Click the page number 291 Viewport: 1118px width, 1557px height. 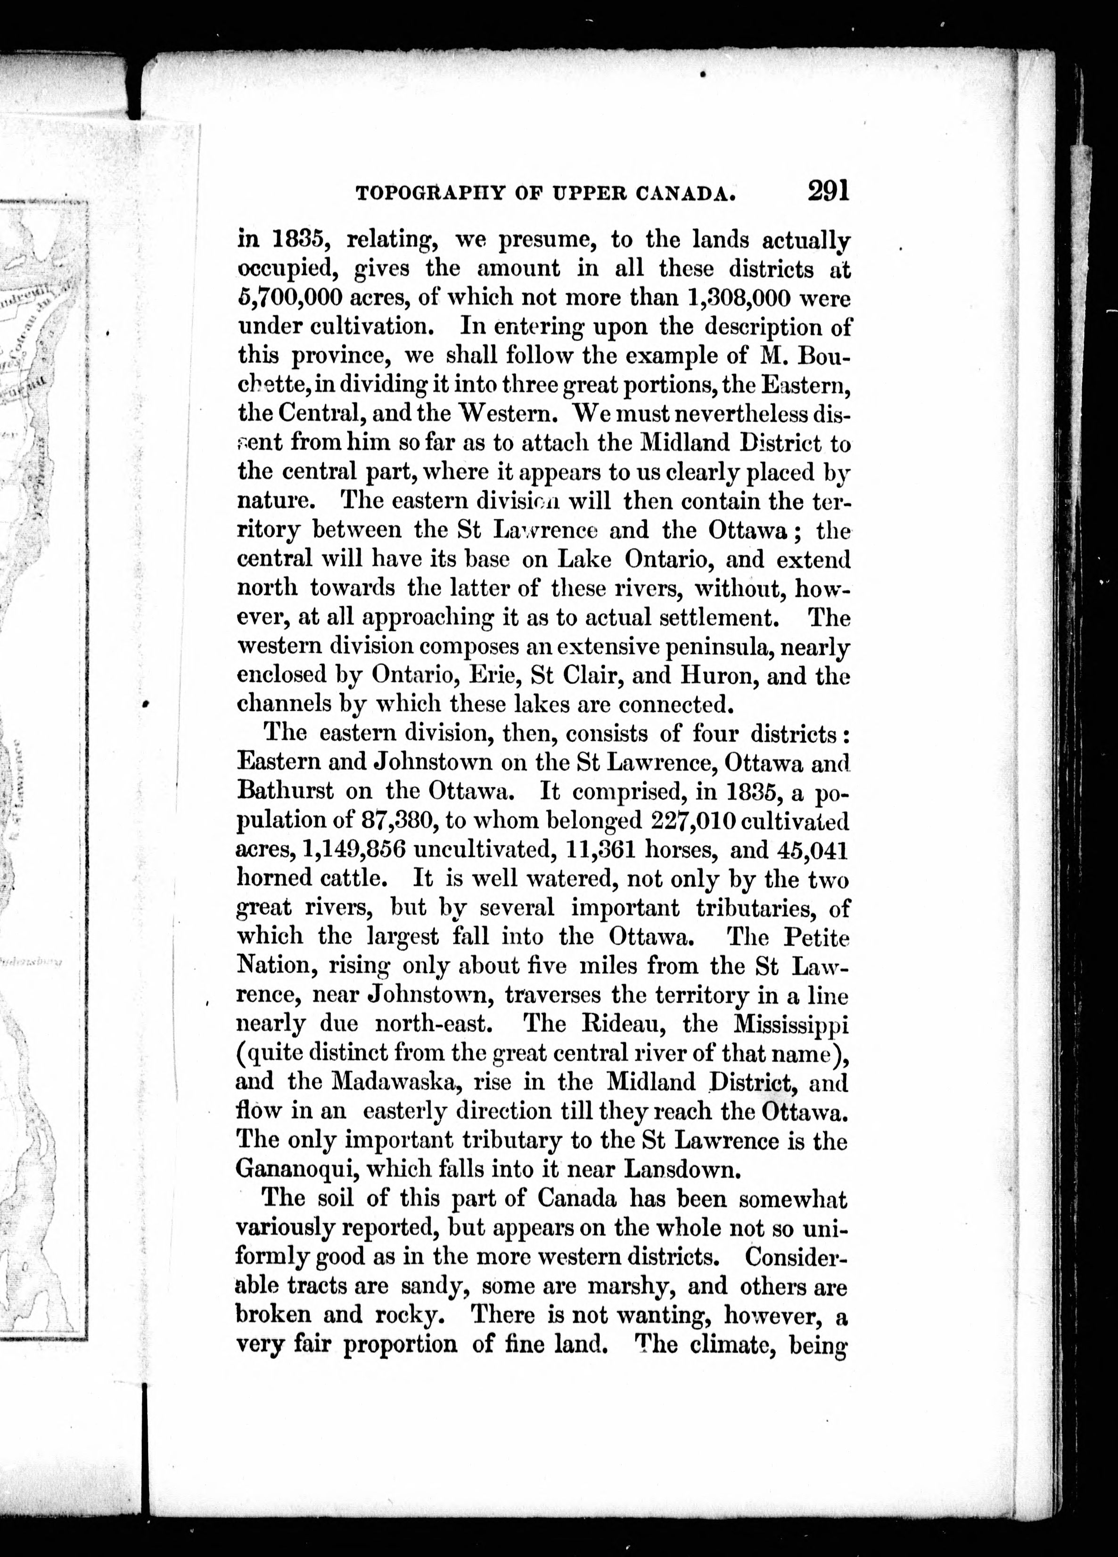click(x=829, y=189)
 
